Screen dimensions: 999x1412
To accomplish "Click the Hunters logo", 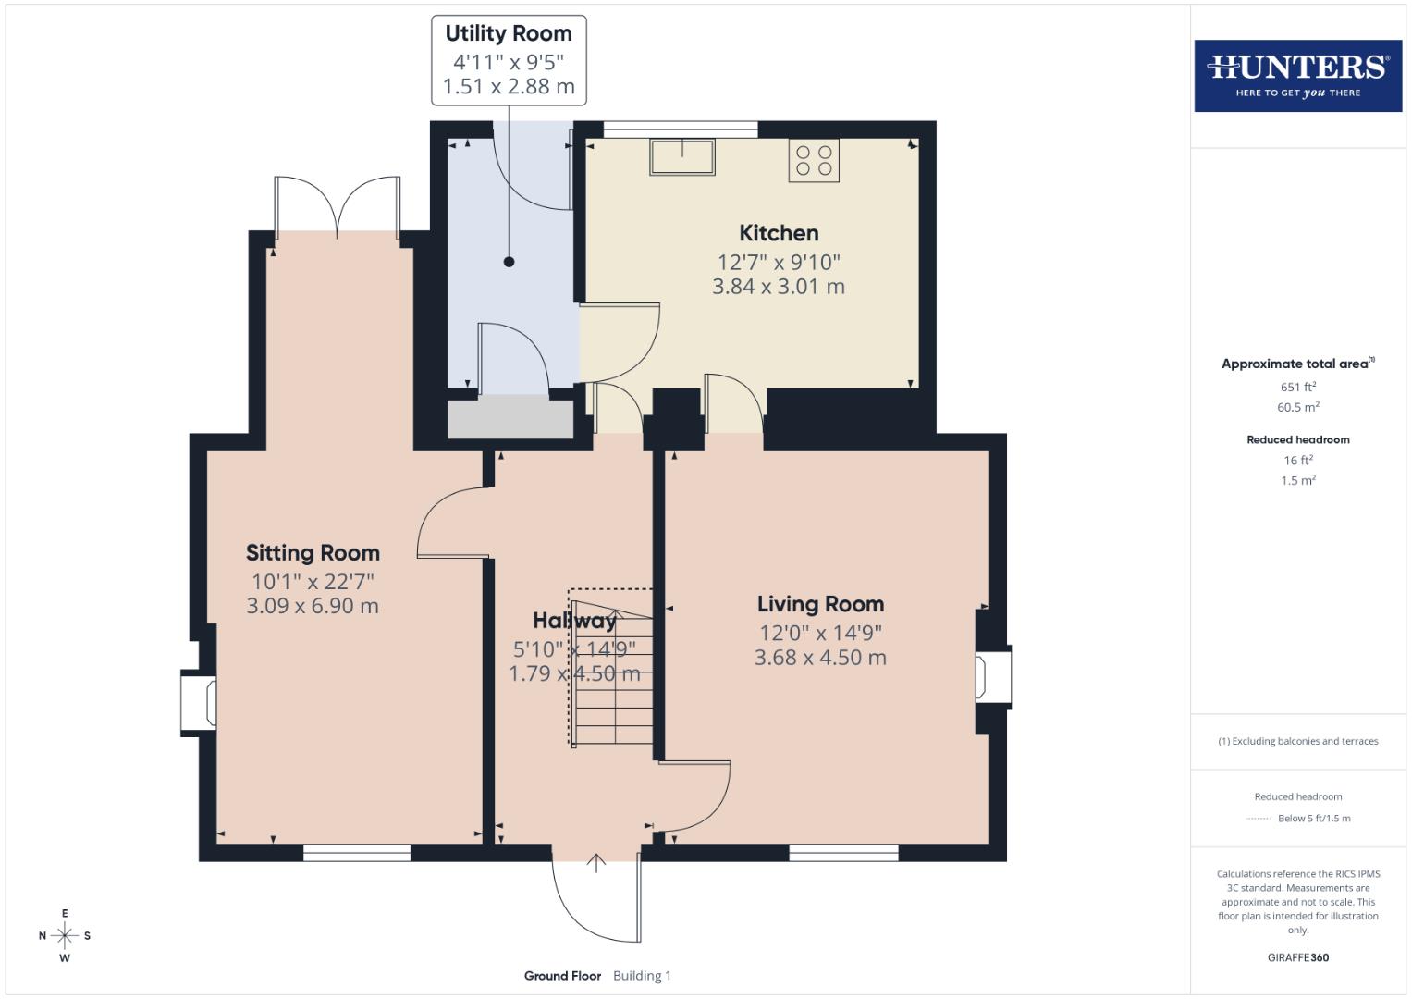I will pyautogui.click(x=1297, y=75).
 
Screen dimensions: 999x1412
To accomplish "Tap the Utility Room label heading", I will pyautogui.click(x=509, y=33).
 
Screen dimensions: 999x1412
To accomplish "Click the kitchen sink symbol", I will pyautogui.click(x=682, y=156).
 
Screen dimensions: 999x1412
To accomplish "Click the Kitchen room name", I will pyautogui.click(x=779, y=233).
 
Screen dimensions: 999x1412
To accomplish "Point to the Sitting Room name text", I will pyautogui.click(x=313, y=553).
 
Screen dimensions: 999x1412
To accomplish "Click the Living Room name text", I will pyautogui.click(x=820, y=604).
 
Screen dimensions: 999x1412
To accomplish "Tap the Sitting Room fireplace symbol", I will pyautogui.click(x=199, y=703).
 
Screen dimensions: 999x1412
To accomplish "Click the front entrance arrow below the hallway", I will pyautogui.click(x=596, y=863).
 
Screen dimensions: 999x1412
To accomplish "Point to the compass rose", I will pyautogui.click(x=65, y=936).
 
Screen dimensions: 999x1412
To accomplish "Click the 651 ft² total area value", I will pyautogui.click(x=1297, y=387).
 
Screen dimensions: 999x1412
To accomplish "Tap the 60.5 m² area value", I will pyautogui.click(x=1297, y=407).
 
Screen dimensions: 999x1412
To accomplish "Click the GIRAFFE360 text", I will pyautogui.click(x=1297, y=957).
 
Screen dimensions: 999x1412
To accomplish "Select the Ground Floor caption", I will pyautogui.click(x=562, y=976).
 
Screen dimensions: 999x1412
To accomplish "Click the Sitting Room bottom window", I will pyautogui.click(x=357, y=853).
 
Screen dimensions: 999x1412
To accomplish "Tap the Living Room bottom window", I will pyautogui.click(x=843, y=853).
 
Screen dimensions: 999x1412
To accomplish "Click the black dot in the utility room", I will pyautogui.click(x=509, y=262).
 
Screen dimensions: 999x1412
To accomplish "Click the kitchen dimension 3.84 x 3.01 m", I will pyautogui.click(x=779, y=287).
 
